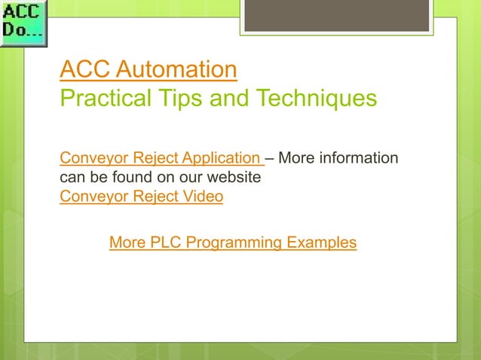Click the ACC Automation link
click(x=149, y=70)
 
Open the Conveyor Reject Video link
click(x=141, y=197)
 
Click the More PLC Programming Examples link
click(x=233, y=243)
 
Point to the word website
click(x=235, y=178)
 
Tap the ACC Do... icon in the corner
click(x=23, y=23)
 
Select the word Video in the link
click(x=204, y=197)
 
